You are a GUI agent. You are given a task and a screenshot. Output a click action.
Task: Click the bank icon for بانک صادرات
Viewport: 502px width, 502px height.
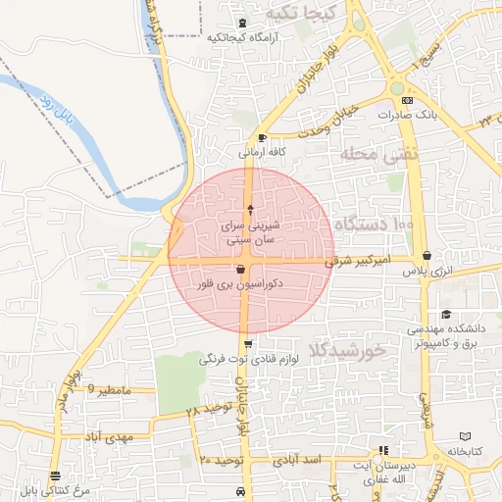pos(409,100)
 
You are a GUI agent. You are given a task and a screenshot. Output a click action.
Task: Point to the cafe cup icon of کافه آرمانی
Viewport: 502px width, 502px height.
pos(262,137)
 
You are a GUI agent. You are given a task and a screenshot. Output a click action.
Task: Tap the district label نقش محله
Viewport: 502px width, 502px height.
pos(378,153)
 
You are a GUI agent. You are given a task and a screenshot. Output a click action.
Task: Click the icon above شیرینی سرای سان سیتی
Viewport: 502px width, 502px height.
pos(251,209)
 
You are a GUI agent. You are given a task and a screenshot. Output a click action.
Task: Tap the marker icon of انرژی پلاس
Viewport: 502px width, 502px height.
pos(426,257)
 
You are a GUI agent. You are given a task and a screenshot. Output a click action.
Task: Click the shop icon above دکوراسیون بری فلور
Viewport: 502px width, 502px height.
pos(241,269)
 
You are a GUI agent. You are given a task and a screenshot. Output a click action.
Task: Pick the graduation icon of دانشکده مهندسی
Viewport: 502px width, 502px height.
pos(447,315)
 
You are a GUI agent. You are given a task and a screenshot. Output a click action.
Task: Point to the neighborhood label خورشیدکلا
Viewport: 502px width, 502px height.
pos(346,349)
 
